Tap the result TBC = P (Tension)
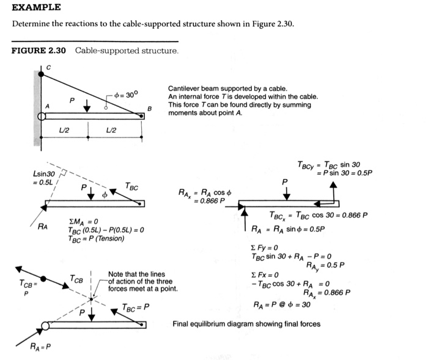96,238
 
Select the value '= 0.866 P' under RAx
205,200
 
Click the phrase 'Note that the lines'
136,274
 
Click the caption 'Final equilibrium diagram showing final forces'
246,324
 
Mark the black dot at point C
41,73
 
